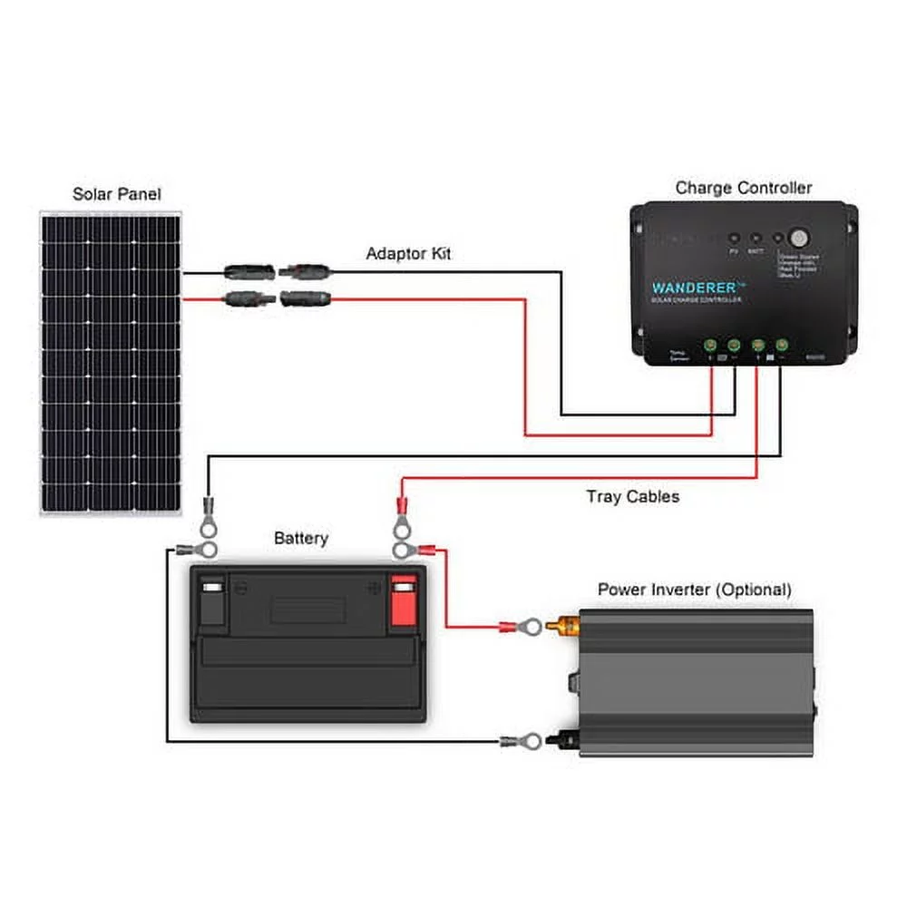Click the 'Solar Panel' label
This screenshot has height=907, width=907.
(x=117, y=194)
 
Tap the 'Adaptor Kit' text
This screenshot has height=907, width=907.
(x=408, y=254)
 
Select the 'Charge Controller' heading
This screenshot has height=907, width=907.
(x=744, y=189)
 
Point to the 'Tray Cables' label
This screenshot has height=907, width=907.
(x=632, y=496)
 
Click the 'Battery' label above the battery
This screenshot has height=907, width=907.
(x=300, y=539)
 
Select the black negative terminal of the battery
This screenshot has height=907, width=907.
(x=212, y=603)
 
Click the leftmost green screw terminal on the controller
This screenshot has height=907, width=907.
(x=711, y=346)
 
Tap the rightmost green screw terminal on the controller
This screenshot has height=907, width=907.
(x=781, y=346)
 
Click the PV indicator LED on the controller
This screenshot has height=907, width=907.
(x=734, y=238)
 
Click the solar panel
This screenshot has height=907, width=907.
(x=110, y=363)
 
